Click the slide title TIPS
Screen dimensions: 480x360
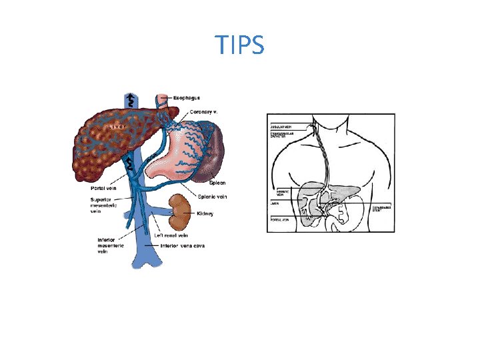[x=240, y=45]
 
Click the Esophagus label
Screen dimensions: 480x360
[x=187, y=98]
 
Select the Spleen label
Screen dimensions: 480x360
[x=217, y=182]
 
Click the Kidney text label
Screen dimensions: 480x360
[x=205, y=213]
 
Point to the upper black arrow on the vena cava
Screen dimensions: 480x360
[x=131, y=101]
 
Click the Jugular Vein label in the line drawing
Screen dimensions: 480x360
[x=279, y=125]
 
